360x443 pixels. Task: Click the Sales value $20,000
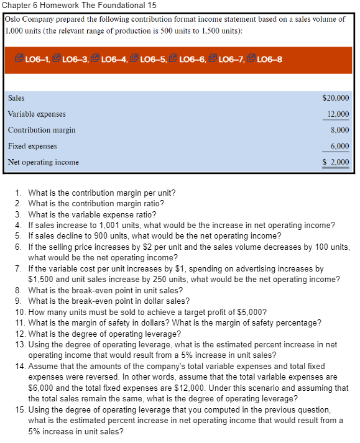[336, 98]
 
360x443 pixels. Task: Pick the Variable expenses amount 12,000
[338, 114]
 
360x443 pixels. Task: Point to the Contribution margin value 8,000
[339, 130]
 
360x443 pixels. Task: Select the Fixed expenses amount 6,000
[339, 147]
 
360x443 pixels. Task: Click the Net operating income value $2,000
[336, 163]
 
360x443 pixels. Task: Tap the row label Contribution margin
[42, 130]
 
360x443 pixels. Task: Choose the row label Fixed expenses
[32, 147]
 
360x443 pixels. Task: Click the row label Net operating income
[44, 163]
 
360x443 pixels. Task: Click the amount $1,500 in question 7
[42, 280]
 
